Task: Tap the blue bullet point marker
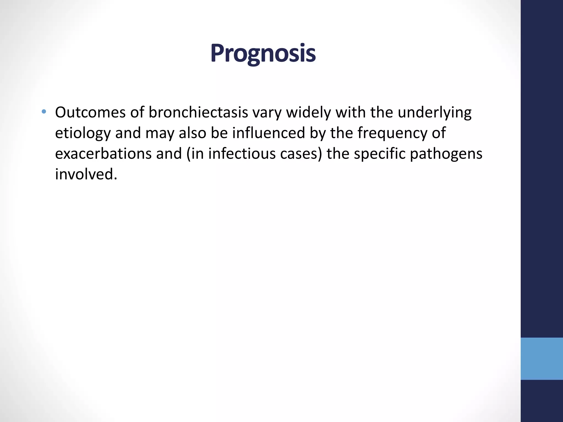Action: coord(44,112)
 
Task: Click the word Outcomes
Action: coord(90,112)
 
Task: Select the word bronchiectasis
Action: coord(198,112)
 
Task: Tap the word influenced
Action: coord(269,133)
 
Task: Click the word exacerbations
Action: coord(103,154)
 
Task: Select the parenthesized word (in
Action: coord(195,154)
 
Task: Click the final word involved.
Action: coord(86,174)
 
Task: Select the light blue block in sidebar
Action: coord(542,359)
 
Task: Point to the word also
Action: coord(192,133)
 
